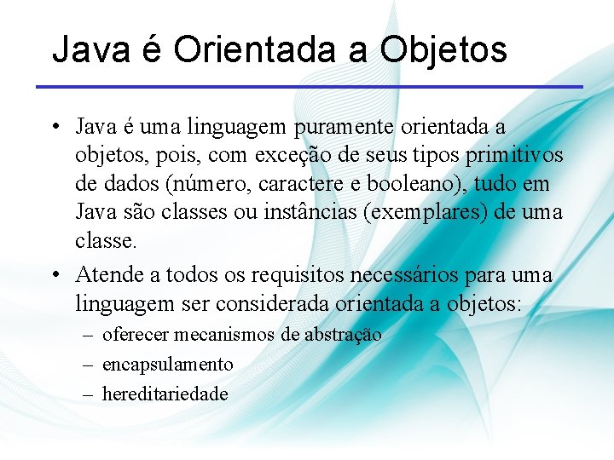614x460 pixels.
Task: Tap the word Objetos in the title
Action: point(443,49)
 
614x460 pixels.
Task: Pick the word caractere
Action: point(317,183)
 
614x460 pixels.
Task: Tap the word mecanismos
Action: point(228,335)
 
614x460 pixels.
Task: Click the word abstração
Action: point(343,335)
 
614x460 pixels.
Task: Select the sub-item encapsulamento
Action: point(167,365)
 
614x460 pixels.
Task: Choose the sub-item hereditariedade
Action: point(165,394)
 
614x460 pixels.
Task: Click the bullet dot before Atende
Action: point(53,276)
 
